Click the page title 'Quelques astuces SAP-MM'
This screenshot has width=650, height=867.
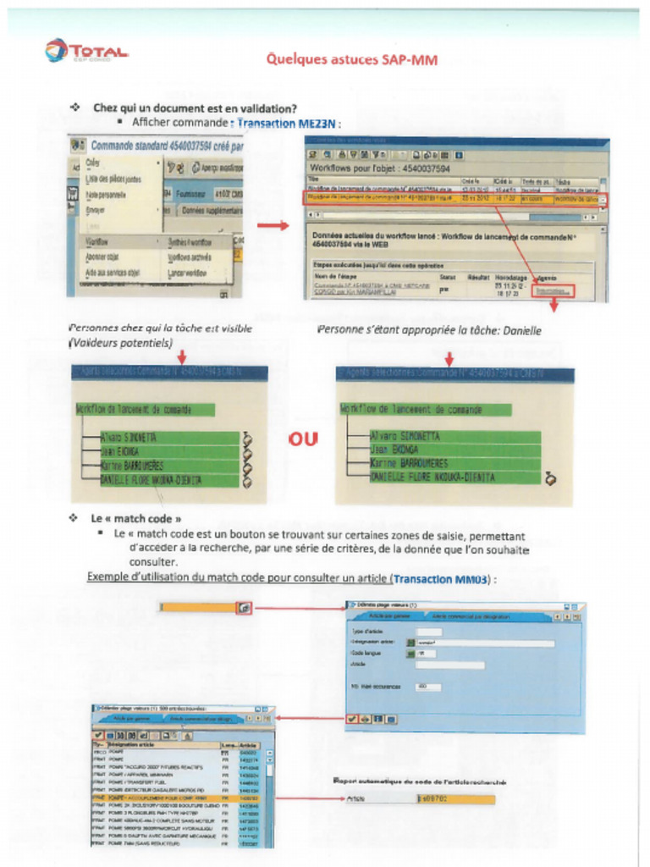[351, 59]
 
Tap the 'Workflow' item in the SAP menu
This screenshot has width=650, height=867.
[102, 241]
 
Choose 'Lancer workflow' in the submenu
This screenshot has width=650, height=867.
[189, 273]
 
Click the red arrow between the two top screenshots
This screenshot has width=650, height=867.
[273, 225]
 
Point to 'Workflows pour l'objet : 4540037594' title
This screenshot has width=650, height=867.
[379, 168]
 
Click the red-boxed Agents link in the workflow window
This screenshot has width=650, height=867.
[554, 290]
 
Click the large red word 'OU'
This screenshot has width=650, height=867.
[303, 439]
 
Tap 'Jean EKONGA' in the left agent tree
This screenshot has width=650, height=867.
[124, 452]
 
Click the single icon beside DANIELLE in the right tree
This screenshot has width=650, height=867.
[550, 479]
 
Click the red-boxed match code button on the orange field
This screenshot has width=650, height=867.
[244, 607]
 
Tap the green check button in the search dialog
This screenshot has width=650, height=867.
[351, 719]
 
